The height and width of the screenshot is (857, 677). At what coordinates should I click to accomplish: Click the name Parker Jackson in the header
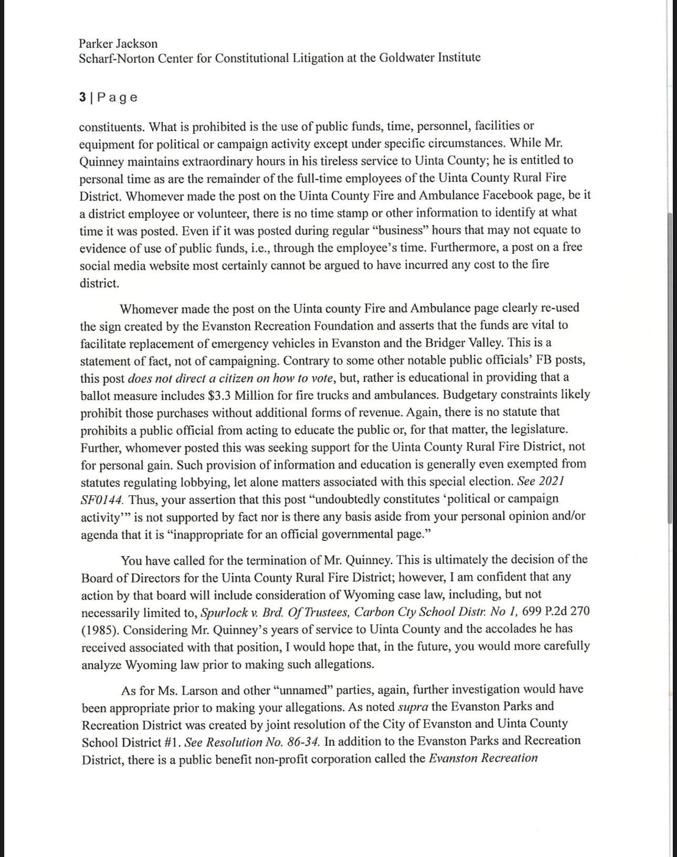tap(118, 43)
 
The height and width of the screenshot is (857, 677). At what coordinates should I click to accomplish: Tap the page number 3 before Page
tap(82, 97)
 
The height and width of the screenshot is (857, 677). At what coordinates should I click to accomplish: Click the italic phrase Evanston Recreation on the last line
tap(483, 758)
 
